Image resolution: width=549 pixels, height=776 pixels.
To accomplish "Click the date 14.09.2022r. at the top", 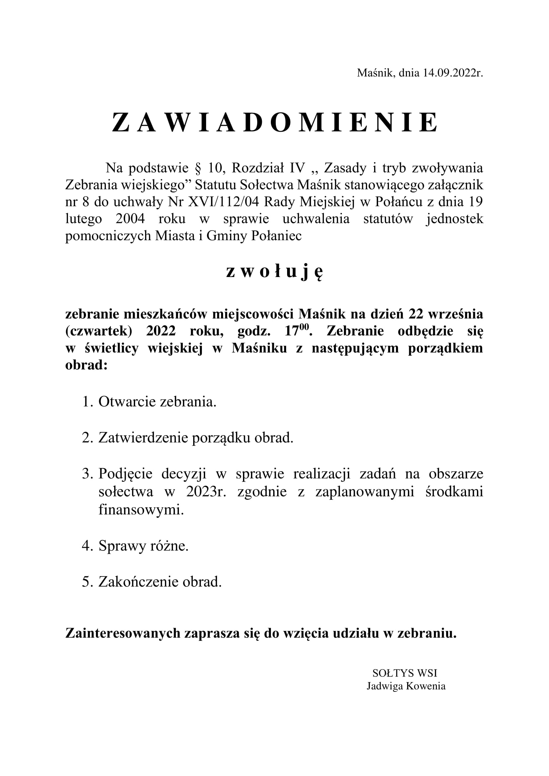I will pos(453,73).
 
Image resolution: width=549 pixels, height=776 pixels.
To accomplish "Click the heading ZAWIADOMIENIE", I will pos(274,123).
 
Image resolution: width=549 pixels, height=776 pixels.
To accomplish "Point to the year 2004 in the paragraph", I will pos(130,219).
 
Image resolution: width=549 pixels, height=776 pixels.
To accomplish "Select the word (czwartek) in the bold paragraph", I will pos(99,331).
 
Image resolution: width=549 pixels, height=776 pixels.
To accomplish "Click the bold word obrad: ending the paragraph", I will pos(86,365).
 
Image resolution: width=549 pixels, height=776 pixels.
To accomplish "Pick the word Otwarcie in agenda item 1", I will pos(127,402).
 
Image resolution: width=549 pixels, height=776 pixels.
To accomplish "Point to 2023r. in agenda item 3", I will pos(206,492).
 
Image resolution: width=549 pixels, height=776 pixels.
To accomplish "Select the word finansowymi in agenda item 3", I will pos(141,509).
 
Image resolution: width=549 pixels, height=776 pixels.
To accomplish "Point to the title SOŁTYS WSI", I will pos(405,673).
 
